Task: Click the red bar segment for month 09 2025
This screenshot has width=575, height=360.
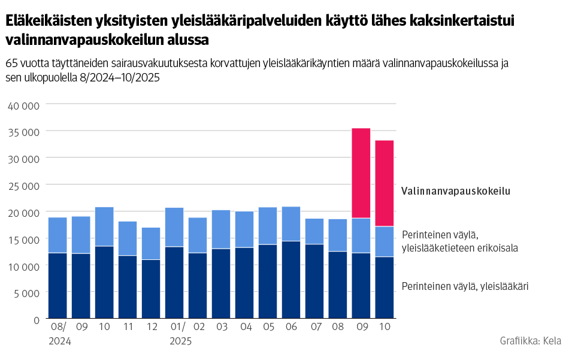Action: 361,173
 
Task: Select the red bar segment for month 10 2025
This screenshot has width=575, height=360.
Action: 385,183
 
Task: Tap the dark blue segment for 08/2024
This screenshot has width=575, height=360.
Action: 57,285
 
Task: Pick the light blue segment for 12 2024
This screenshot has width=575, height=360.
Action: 151,243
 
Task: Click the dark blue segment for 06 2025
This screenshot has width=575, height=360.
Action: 291,279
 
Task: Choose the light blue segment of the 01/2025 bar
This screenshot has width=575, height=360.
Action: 174,227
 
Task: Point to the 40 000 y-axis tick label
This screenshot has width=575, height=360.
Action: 23,105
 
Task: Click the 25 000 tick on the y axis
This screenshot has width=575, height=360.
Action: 23,186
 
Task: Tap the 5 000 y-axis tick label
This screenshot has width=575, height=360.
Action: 26,293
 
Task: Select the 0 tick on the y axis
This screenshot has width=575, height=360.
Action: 36,320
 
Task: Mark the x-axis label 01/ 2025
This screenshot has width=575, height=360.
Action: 180,334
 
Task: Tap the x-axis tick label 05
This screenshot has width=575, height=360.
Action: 268,328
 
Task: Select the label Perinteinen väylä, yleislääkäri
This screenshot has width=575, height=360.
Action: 465,286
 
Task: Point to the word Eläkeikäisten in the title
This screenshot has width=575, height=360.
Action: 49,21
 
